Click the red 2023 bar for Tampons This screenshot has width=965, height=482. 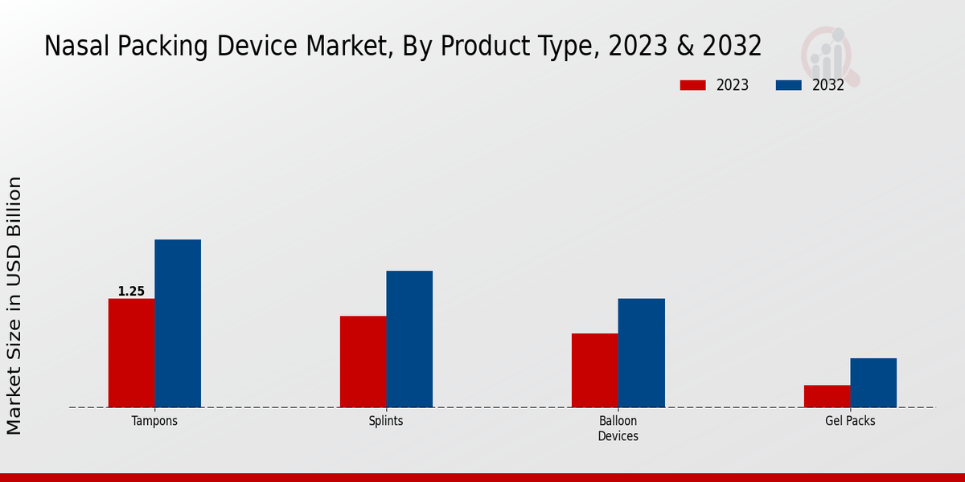pos(131,353)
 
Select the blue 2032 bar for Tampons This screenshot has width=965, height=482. pos(178,323)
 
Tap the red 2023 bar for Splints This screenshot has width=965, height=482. pos(363,361)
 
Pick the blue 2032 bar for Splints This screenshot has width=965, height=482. pos(409,339)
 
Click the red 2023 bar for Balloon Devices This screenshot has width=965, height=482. pos(595,370)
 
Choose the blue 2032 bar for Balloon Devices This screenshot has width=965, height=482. pos(642,353)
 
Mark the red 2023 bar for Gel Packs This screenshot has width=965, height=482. pos(827,396)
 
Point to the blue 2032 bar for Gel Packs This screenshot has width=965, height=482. pos(873,382)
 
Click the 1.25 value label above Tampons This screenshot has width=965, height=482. pos(131,292)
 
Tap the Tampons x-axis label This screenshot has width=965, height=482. pos(154,421)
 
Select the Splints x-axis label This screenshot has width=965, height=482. pos(386,421)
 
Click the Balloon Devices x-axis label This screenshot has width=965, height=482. pos(618,428)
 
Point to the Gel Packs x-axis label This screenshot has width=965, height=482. pos(850,421)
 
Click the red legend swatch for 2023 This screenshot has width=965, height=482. pos(692,85)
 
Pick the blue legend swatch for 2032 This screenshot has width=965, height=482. pos(788,85)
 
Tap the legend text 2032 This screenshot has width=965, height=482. pos(827,85)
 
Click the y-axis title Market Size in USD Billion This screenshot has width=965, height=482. pos(14,305)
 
